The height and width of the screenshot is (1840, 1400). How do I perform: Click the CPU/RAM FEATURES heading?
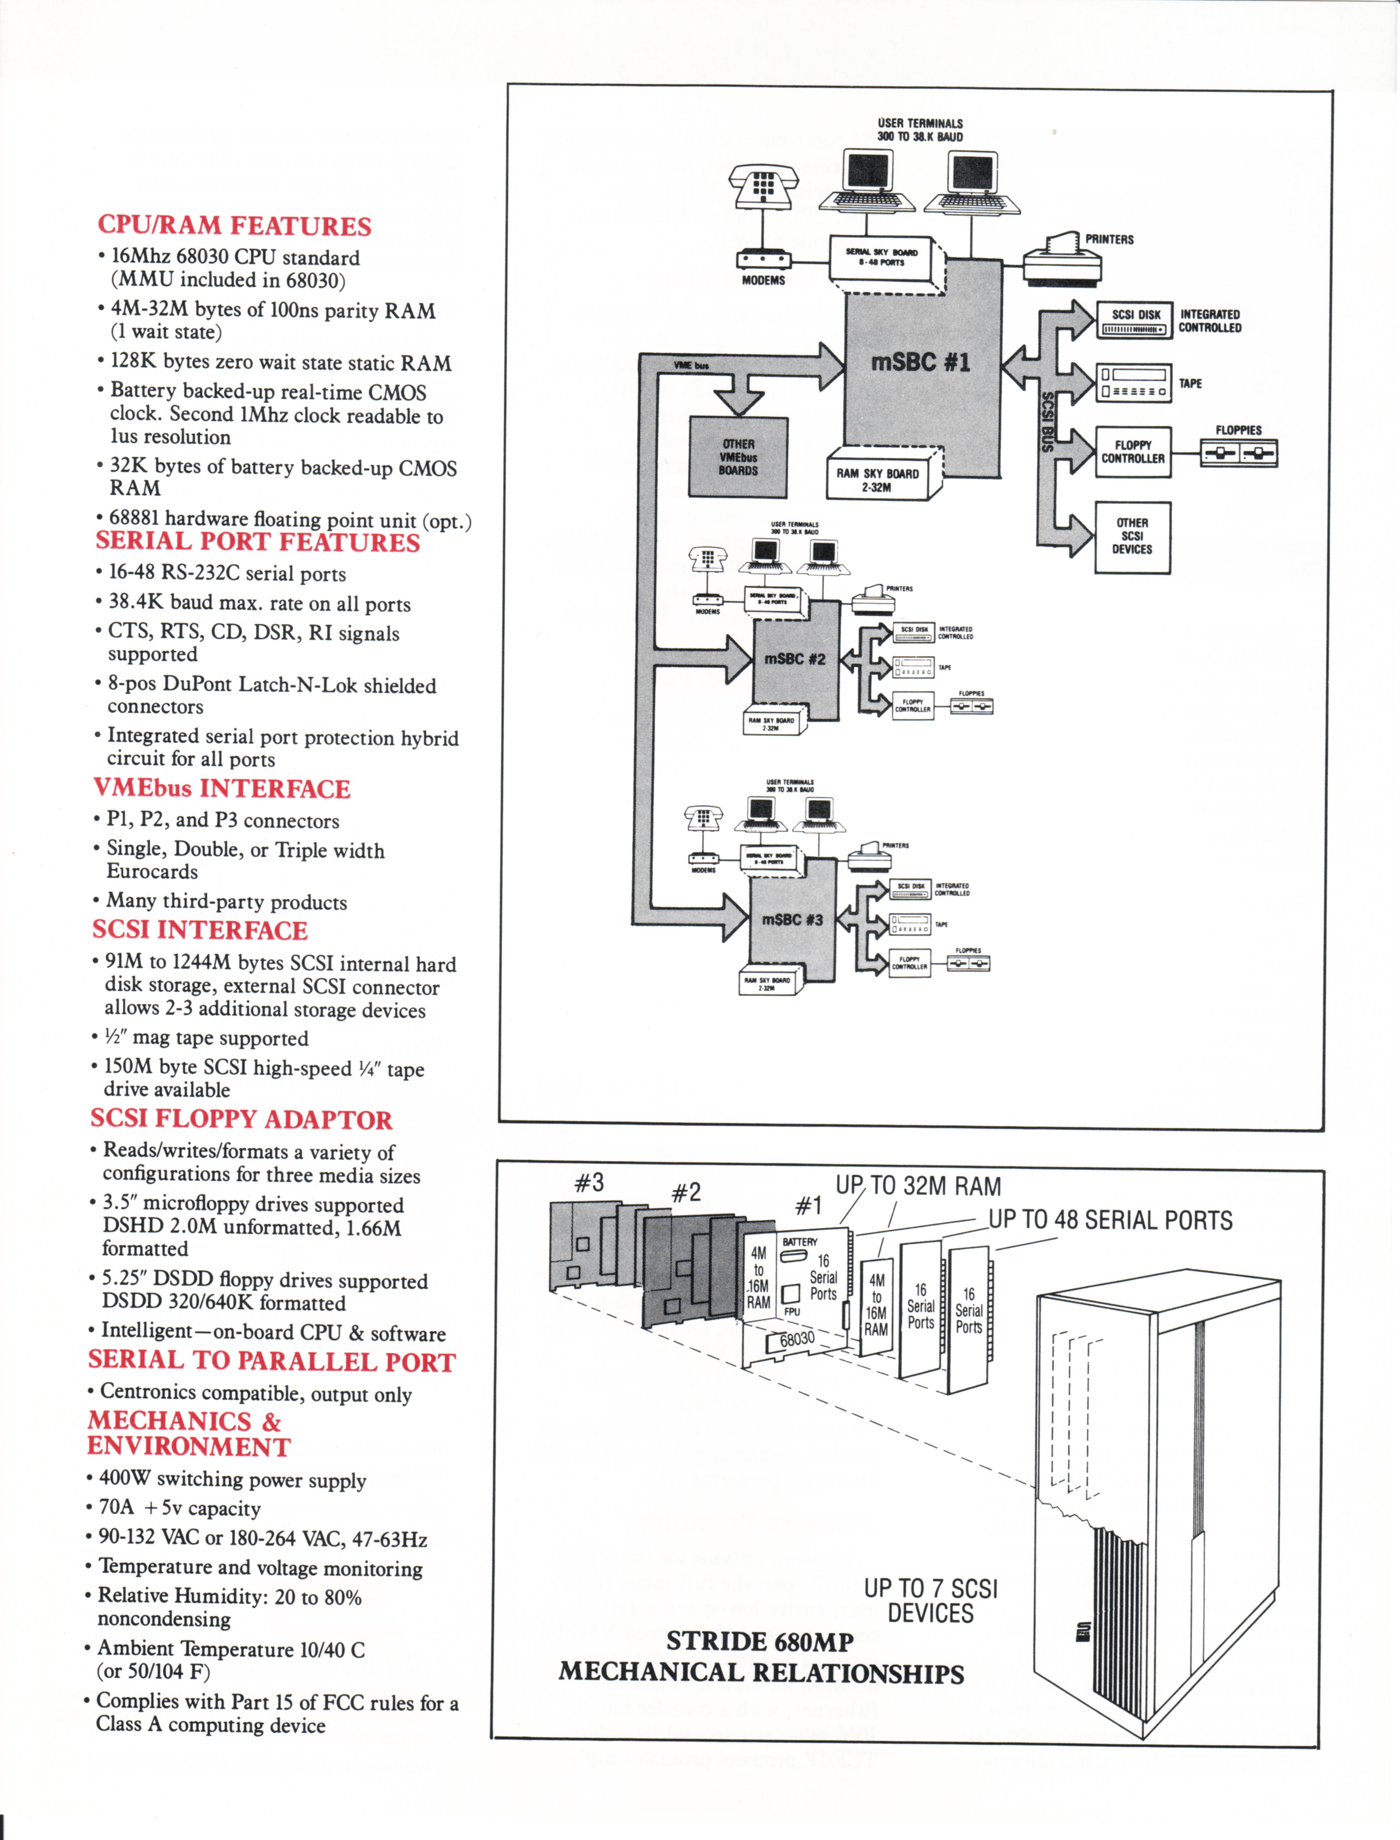point(234,226)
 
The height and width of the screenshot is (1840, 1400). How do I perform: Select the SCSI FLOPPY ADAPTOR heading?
point(241,1119)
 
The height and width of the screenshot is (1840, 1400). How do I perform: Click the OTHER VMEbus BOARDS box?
point(738,457)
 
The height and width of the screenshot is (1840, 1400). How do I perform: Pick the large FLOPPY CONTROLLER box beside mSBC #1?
point(1133,452)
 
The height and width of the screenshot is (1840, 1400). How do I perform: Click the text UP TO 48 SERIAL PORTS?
point(1110,1220)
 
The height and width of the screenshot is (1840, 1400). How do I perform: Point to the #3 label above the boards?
point(589,1183)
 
